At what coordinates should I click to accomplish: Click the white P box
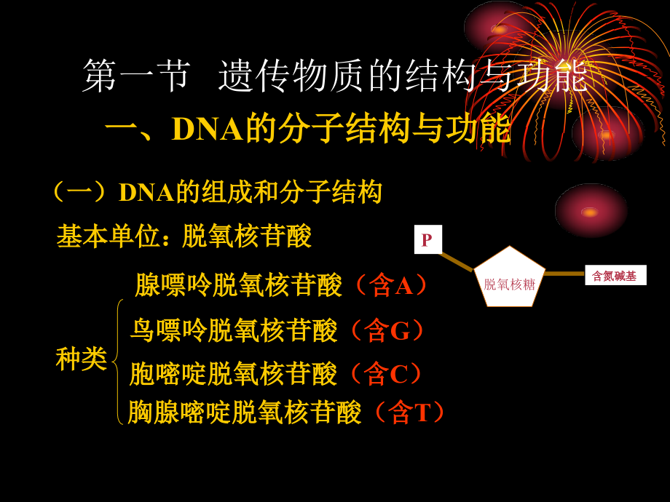(427, 239)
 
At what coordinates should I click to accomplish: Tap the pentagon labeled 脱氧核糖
(510, 278)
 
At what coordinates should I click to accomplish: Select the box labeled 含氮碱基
(615, 276)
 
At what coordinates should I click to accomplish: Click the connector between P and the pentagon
(457, 261)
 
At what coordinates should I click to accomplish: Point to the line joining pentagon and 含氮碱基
(564, 274)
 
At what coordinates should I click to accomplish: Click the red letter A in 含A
(403, 286)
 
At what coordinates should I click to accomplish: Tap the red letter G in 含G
(400, 332)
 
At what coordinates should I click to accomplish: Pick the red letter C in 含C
(398, 374)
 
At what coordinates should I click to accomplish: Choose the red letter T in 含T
(422, 413)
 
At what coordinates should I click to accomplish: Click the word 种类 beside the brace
(82, 359)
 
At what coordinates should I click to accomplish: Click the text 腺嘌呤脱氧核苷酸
(238, 285)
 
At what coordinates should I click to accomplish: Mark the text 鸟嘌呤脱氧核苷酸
(234, 331)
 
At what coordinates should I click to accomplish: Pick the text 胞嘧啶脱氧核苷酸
(233, 374)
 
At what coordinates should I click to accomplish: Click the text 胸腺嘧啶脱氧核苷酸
(244, 413)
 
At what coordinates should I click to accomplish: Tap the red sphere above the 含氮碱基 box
(591, 211)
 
